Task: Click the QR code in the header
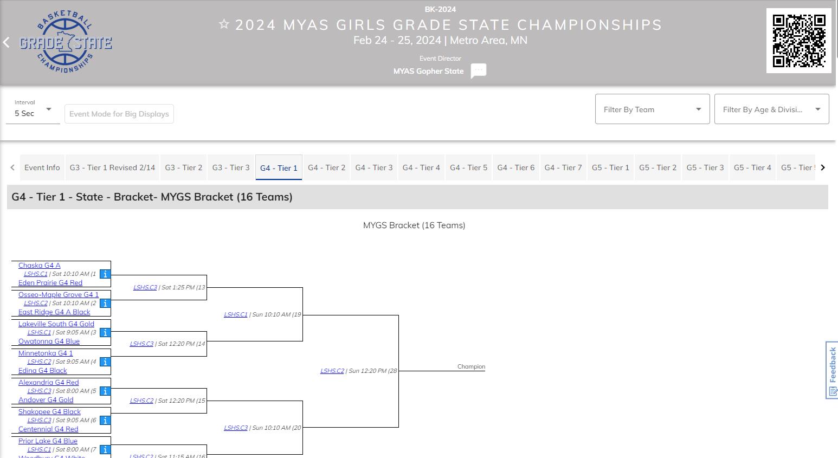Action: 798,41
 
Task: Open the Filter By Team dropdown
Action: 652,109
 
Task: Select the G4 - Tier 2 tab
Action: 326,167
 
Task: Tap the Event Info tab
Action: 42,167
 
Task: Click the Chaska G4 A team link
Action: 39,266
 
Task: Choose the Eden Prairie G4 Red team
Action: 50,283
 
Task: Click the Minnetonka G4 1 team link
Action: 46,353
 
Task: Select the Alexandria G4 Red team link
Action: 48,383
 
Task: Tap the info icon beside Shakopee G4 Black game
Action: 105,421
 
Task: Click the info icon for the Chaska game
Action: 105,274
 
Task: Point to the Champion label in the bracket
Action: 471,367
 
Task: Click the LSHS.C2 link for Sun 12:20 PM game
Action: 332,371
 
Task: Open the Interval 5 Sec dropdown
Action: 33,110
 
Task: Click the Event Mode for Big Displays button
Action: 119,114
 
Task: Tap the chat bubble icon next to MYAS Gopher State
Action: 478,71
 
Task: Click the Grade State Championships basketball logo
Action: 66,42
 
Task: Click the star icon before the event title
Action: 224,24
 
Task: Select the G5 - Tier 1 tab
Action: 610,167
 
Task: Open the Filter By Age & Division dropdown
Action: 771,109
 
